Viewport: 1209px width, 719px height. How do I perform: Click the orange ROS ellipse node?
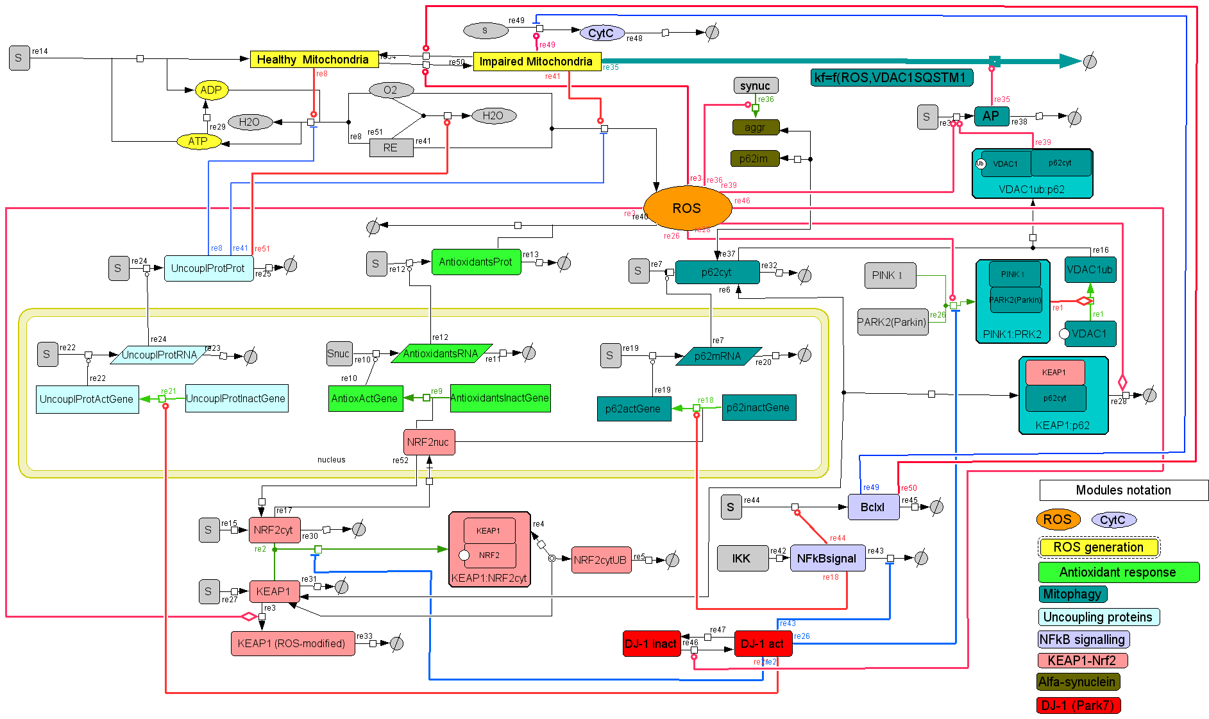tap(687, 208)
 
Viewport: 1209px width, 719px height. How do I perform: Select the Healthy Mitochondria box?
tap(313, 60)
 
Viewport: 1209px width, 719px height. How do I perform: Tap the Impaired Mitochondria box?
tap(536, 62)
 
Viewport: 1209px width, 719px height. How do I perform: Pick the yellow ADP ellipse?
tap(211, 90)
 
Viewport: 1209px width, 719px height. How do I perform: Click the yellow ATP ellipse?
tap(198, 141)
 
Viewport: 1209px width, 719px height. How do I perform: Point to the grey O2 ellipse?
tap(391, 90)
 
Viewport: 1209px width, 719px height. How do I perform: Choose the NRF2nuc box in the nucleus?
tap(428, 442)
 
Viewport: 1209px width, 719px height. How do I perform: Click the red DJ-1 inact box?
tap(650, 643)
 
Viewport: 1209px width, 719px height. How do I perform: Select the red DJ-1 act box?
tap(763, 643)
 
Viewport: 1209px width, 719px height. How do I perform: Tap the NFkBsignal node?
tap(827, 558)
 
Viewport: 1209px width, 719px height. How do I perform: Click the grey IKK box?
tap(741, 558)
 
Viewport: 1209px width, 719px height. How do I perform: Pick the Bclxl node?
tap(872, 507)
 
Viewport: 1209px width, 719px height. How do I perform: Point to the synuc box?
tap(755, 86)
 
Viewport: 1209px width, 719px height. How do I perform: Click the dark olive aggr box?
tap(755, 127)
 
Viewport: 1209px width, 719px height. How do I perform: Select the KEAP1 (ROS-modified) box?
tap(292, 643)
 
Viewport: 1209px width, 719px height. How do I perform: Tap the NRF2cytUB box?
tap(600, 560)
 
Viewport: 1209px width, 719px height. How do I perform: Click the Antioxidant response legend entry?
tap(1118, 572)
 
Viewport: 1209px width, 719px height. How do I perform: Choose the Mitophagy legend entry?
tap(1072, 594)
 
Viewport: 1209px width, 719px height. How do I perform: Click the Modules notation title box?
tap(1123, 490)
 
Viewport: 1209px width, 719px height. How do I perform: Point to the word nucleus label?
tap(331, 460)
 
